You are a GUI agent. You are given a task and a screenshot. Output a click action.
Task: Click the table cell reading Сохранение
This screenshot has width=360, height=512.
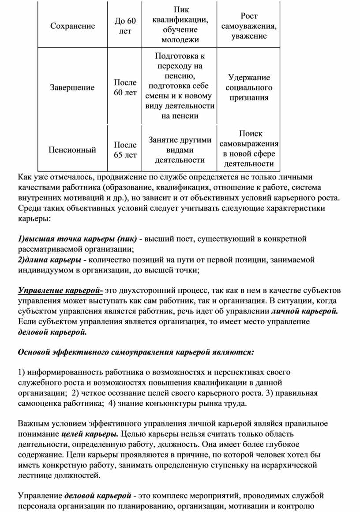pos(72,26)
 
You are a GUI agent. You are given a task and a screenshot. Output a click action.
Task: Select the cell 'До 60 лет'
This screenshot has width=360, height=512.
pos(125,26)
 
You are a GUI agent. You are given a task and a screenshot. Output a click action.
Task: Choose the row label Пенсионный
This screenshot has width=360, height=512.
pos(72,150)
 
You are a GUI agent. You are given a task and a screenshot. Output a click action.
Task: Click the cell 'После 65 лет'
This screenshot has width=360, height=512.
pos(125,150)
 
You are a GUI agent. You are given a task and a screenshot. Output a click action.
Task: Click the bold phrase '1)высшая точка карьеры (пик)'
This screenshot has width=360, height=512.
pos(77,239)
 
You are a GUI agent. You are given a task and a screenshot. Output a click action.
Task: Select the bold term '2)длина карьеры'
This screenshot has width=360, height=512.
pos(49,260)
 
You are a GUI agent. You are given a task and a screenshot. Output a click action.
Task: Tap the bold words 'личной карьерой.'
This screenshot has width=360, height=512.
pos(304,312)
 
